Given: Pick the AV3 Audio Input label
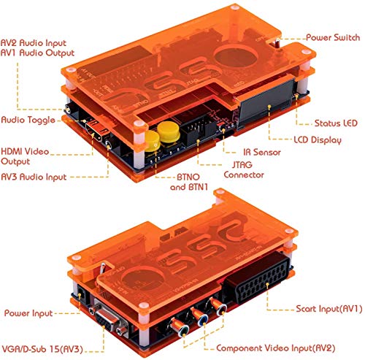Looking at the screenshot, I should pyautogui.click(x=34, y=177).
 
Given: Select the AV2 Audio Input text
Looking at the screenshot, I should pyautogui.click(x=36, y=43).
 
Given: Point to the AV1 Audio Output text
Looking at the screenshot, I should pyautogui.click(x=36, y=54).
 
